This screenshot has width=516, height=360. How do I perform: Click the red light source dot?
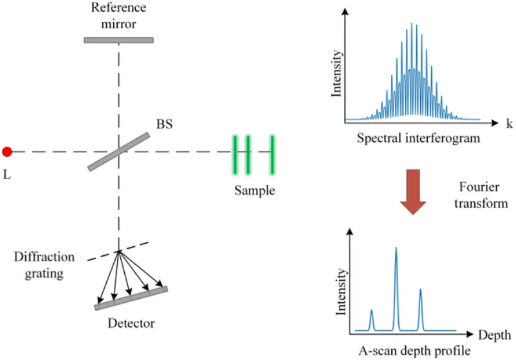(x=7, y=152)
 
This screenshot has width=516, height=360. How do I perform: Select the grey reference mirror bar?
(x=118, y=40)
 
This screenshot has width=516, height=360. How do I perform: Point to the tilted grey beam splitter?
(x=119, y=152)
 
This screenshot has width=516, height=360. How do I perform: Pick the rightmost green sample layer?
(x=273, y=154)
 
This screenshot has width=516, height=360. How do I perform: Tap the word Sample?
(x=254, y=191)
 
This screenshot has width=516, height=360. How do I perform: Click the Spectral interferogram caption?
(x=419, y=139)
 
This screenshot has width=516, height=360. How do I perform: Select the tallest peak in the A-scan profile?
(x=396, y=251)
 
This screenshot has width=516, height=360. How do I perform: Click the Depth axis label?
(x=494, y=335)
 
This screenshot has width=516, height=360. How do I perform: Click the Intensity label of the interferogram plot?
(x=336, y=73)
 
